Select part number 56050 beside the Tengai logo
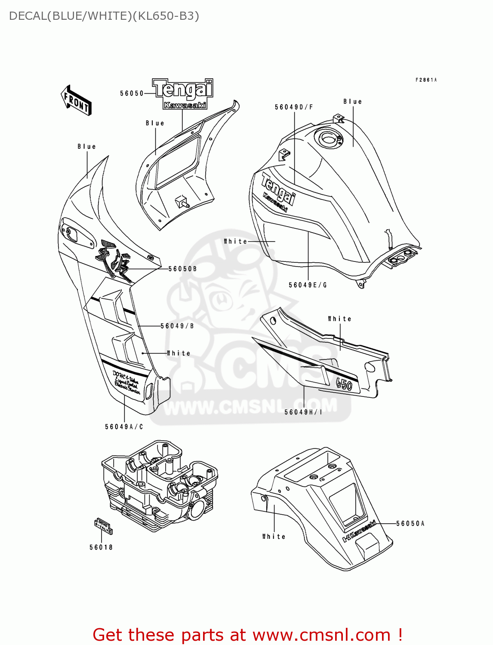click(132, 93)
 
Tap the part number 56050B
click(182, 269)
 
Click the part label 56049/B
click(177, 326)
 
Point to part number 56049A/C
click(124, 427)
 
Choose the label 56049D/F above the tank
click(294, 107)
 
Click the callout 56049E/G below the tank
click(308, 285)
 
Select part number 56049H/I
click(303, 412)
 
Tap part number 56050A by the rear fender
click(410, 523)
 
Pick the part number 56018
click(101, 547)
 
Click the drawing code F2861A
click(426, 80)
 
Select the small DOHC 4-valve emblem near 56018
click(103, 526)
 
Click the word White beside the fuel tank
click(235, 242)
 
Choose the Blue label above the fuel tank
click(352, 101)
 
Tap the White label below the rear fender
click(274, 536)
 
